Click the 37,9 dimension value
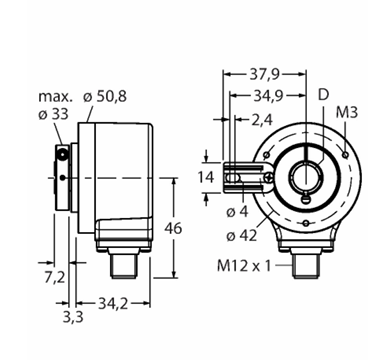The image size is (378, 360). (264, 74)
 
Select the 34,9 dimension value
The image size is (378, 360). (268, 96)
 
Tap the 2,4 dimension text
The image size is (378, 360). (262, 120)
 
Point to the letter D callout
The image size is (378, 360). (323, 95)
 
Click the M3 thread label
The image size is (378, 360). (346, 112)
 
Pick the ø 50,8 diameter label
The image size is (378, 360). (105, 97)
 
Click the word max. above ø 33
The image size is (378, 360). (55, 97)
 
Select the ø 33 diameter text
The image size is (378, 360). (53, 114)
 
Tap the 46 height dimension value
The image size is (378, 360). (173, 228)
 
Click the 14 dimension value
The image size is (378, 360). (206, 177)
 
